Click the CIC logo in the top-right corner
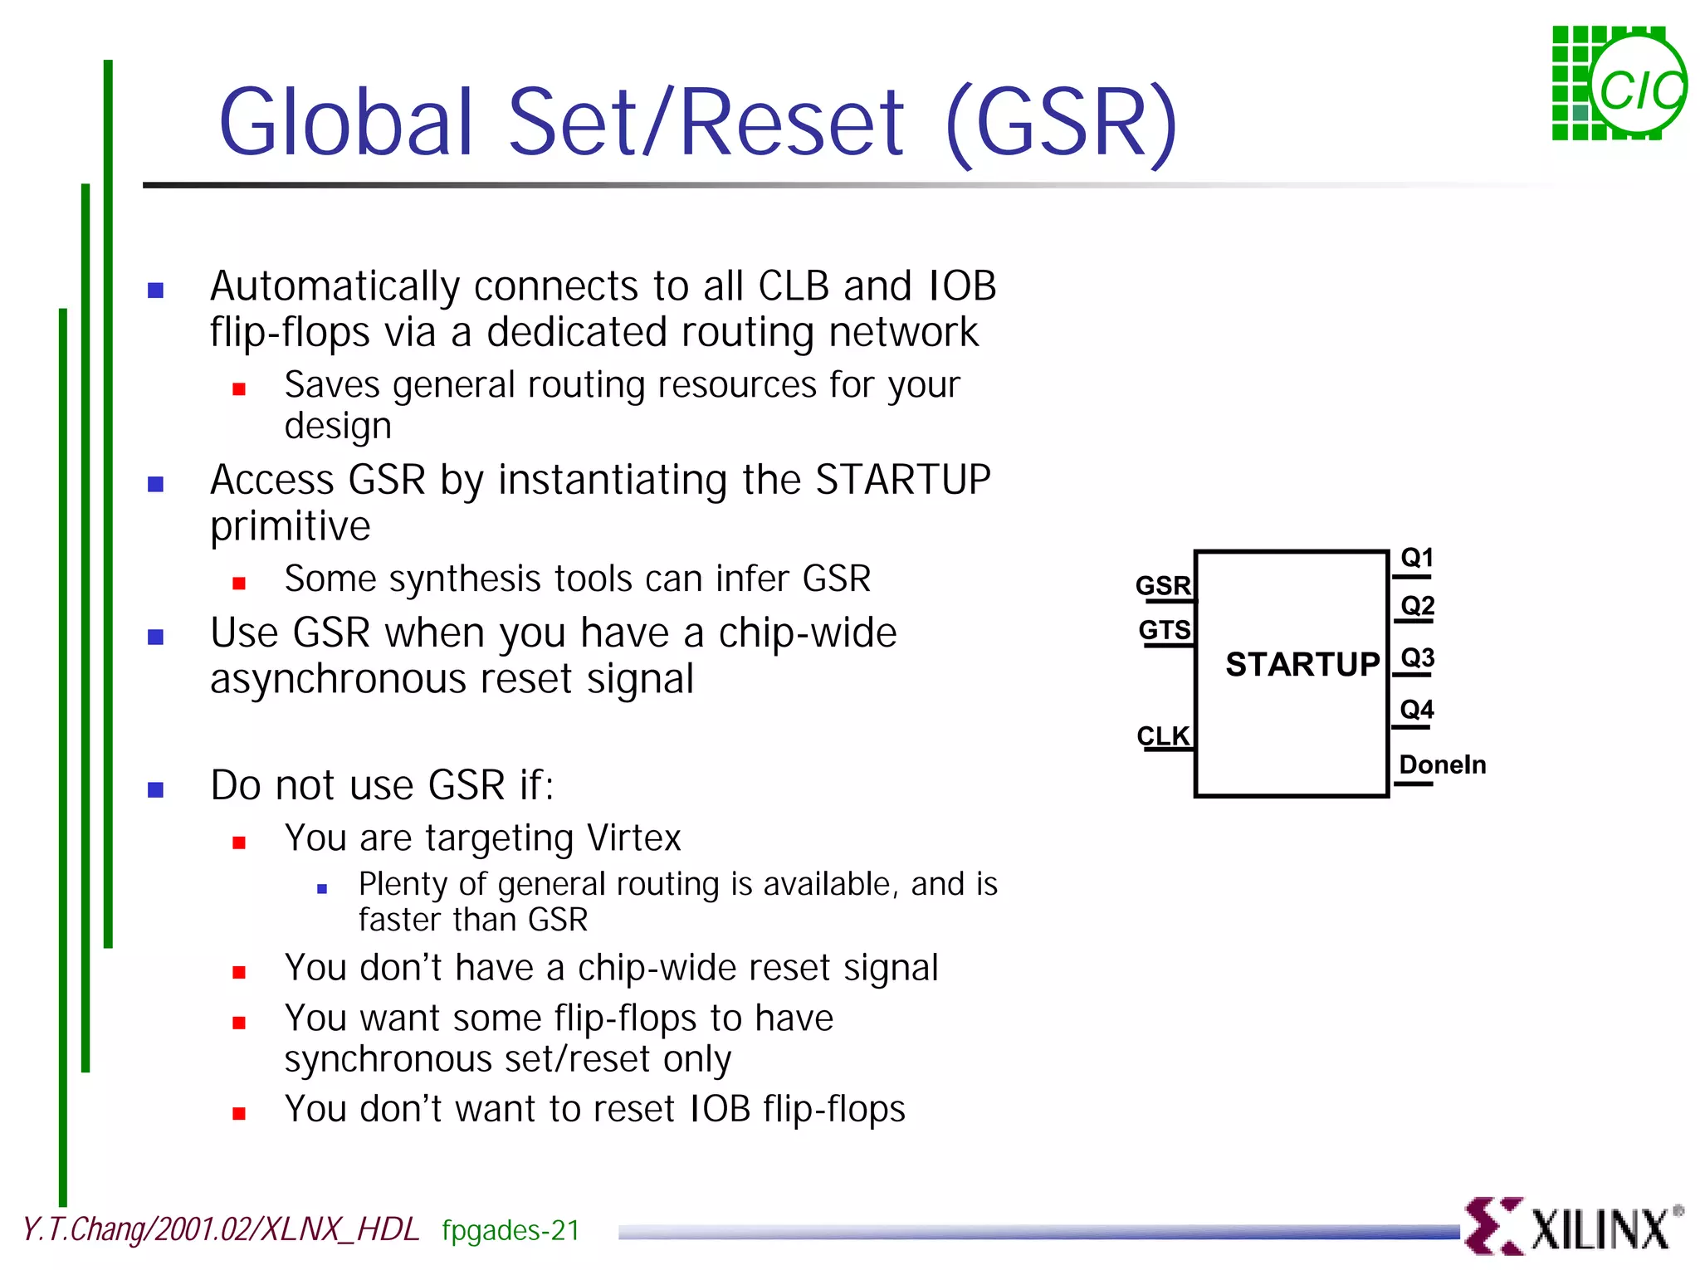[1619, 83]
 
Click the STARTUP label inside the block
[1302, 664]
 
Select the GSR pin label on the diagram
[1163, 585]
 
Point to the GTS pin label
[1165, 630]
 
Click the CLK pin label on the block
[1163, 735]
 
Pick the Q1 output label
[1417, 558]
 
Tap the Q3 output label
[1417, 658]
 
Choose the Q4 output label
[1417, 710]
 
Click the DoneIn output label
[1443, 764]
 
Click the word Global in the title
[346, 122]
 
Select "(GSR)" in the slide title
[1062, 122]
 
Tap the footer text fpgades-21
[510, 1230]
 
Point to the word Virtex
[633, 838]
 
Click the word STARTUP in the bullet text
[903, 480]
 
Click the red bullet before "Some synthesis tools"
[239, 584]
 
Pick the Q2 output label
[1417, 606]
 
